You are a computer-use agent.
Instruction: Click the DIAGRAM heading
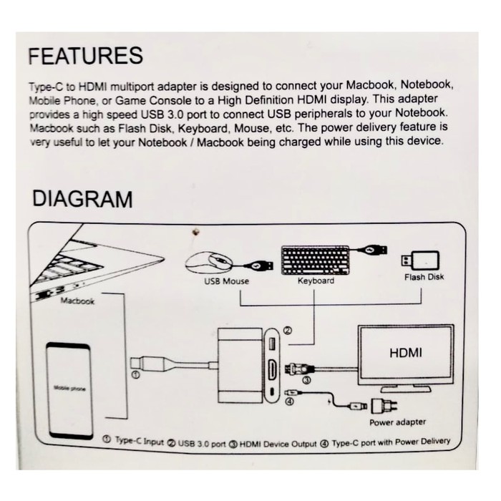tap(82, 198)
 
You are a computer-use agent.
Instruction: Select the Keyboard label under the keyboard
tap(316, 281)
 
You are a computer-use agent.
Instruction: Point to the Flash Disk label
tap(424, 277)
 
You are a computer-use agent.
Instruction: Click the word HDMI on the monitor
tap(405, 353)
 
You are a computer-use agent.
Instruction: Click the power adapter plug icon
tap(379, 407)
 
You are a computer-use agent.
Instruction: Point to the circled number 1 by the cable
tap(133, 372)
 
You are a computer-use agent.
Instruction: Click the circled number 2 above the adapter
tap(288, 331)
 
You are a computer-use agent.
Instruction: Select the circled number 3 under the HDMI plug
tap(306, 381)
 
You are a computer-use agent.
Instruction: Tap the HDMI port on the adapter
tap(273, 370)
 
